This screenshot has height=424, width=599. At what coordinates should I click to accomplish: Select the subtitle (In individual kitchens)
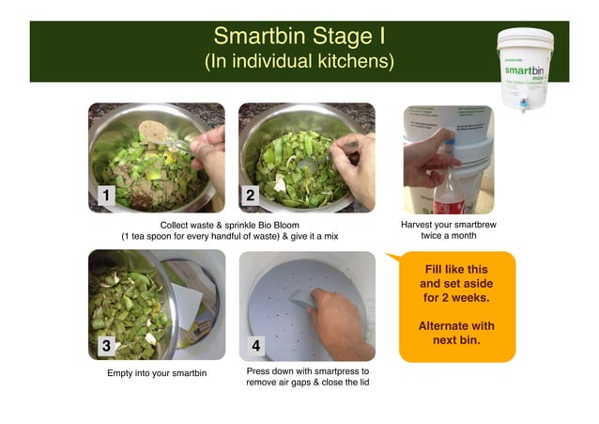299,61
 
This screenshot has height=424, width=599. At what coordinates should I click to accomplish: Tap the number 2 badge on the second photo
251,196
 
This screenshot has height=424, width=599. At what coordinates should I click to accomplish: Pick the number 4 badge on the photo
256,345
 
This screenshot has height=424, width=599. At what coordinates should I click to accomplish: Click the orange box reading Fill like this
456,306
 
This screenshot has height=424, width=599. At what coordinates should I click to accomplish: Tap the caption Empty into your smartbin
157,373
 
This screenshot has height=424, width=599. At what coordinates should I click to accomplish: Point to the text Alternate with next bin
456,333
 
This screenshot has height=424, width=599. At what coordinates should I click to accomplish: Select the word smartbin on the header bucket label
525,70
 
